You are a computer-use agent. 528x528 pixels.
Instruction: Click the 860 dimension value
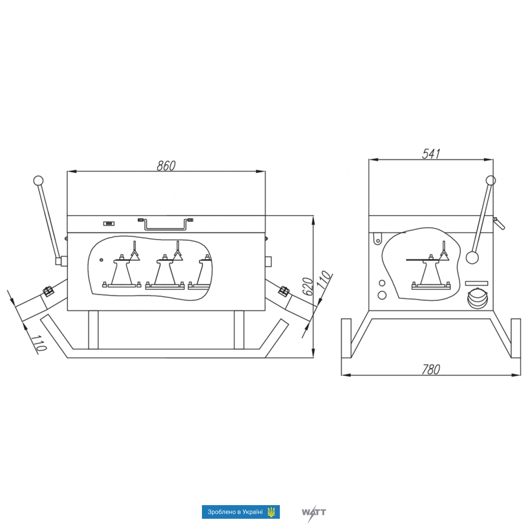coord(166,165)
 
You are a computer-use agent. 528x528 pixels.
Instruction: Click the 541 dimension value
coord(431,154)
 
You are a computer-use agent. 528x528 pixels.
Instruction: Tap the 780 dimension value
coord(431,369)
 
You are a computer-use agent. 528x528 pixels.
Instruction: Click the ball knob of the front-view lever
coord(38,180)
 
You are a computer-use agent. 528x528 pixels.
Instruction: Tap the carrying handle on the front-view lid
coord(166,224)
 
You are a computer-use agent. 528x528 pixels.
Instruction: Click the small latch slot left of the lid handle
coord(109,224)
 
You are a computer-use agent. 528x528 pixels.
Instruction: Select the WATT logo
coord(314,512)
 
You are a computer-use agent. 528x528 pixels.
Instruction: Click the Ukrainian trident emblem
coord(271,512)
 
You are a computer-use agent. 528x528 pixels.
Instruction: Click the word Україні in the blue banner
coord(252,512)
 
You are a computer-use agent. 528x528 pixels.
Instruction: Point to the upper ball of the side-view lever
coord(491,180)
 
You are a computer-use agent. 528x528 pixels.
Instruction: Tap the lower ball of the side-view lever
coord(472,257)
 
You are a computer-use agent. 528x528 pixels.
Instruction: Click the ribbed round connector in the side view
coord(477,298)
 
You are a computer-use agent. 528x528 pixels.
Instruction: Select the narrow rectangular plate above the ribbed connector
coord(477,283)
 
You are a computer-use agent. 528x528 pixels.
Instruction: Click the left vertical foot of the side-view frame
coord(346,338)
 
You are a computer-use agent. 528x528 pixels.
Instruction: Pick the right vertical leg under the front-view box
coord(239,330)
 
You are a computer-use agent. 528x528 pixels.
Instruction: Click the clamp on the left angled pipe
coord(48,291)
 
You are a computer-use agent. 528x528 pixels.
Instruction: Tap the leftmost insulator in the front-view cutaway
coord(121,271)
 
